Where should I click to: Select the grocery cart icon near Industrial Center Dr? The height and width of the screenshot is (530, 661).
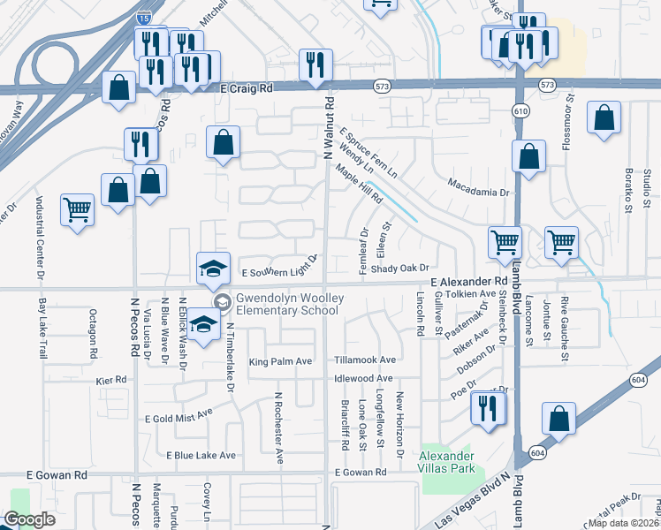point(78,210)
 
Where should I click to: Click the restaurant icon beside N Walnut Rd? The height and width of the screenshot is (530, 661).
point(314,64)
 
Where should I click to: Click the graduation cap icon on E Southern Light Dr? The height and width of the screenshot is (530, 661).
point(213,269)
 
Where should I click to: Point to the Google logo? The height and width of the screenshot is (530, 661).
point(29,519)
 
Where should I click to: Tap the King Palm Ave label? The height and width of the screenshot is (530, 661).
point(280,361)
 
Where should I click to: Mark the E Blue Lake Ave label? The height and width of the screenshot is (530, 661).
point(201,455)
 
